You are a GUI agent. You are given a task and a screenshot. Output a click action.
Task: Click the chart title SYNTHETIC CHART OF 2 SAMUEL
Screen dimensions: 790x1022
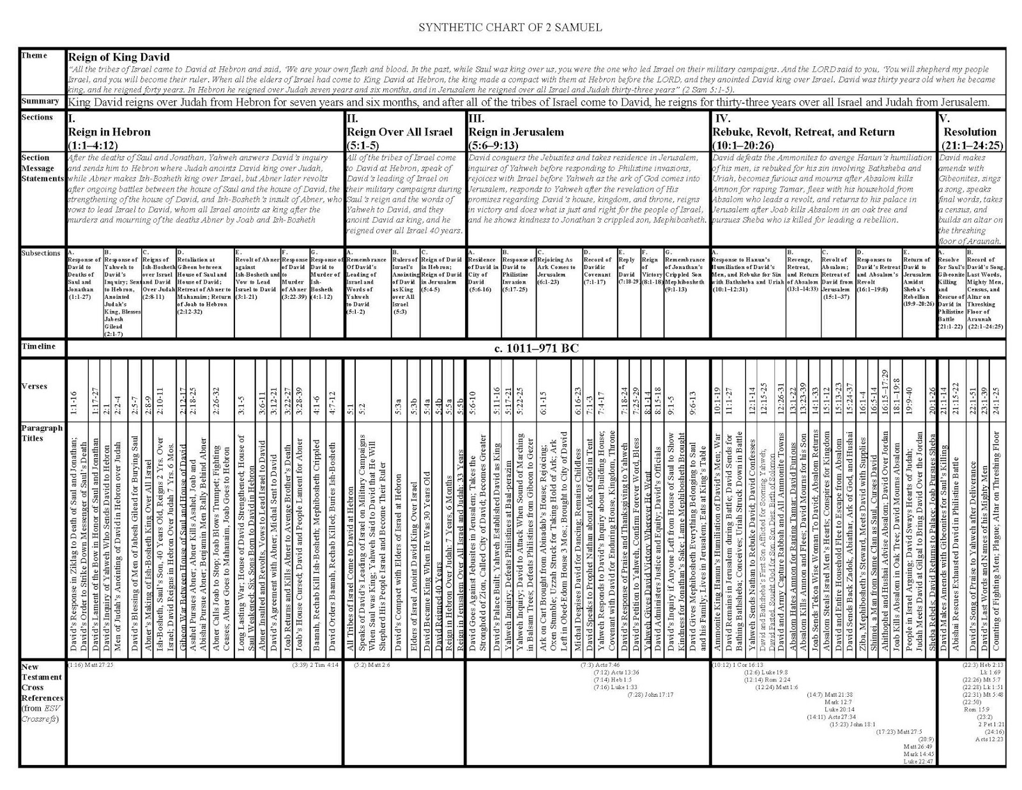click(510, 27)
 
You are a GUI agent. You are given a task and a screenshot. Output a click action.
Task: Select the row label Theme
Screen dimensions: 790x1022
click(34, 56)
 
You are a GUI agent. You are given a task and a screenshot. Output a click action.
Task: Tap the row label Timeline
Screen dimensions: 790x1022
click(38, 347)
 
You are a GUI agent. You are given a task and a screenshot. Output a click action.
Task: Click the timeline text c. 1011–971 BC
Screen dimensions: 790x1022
click(536, 349)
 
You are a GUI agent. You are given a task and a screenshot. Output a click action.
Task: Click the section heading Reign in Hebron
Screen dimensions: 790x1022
click(109, 132)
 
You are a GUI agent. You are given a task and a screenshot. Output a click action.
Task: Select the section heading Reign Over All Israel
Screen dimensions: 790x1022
click(399, 132)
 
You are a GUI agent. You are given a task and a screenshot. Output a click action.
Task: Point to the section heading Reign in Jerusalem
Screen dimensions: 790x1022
click(516, 132)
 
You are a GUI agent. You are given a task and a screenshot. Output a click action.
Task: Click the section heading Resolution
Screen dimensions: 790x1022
click(970, 132)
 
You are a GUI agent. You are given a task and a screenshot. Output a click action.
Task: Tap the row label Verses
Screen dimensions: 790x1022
click(34, 387)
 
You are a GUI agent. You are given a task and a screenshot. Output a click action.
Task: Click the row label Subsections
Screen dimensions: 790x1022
click(41, 254)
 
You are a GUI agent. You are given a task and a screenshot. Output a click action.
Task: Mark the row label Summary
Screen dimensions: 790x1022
click(40, 102)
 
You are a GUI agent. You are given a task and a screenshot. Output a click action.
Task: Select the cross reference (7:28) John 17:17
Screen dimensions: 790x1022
click(650, 694)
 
